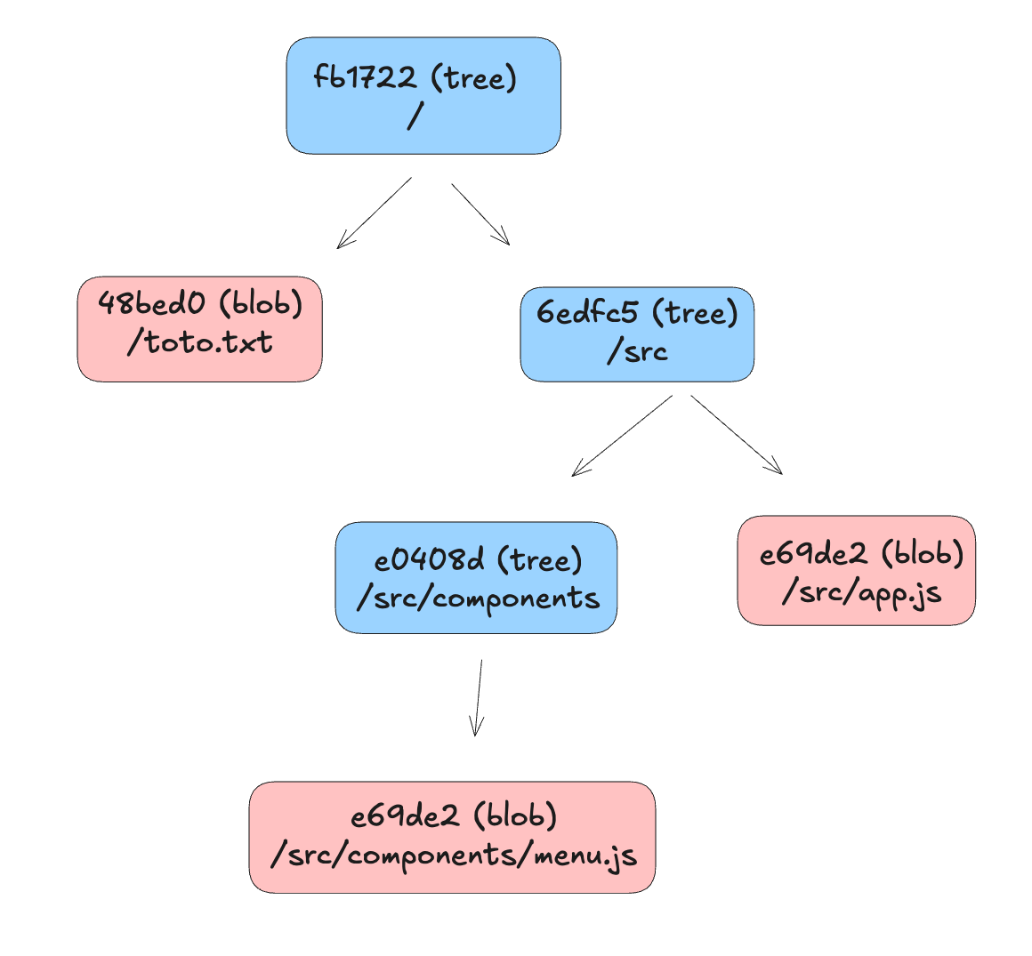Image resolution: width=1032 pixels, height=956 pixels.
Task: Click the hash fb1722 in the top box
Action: pos(365,77)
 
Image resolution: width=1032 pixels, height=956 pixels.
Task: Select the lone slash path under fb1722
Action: pos(414,116)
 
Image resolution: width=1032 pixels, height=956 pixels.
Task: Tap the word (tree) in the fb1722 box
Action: pos(473,77)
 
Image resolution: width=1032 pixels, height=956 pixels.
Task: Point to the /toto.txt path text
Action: pos(199,342)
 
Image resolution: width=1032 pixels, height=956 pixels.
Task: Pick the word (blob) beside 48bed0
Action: pos(261,303)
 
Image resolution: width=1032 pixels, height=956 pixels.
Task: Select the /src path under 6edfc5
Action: pos(637,351)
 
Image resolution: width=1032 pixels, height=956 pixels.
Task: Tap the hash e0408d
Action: pos(429,560)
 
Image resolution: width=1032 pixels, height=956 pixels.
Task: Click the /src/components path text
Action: pos(478,598)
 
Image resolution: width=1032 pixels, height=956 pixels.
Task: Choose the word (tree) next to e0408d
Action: pos(540,560)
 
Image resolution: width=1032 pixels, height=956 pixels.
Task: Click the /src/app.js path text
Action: pos(860,591)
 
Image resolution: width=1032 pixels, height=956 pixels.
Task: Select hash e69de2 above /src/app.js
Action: pos(813,554)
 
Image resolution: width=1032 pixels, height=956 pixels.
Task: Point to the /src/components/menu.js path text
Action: pos(454,855)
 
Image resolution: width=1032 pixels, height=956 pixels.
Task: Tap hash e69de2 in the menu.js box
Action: pos(405,815)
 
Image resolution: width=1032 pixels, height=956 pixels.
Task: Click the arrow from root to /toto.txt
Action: pos(374,213)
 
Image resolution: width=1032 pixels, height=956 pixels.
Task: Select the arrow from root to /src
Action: pos(480,213)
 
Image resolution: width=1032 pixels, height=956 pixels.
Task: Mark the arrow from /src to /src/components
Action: pos(622,436)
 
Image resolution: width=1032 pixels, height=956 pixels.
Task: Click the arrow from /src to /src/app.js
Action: pos(737,435)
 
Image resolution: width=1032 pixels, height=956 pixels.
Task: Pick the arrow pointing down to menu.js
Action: pos(479,698)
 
